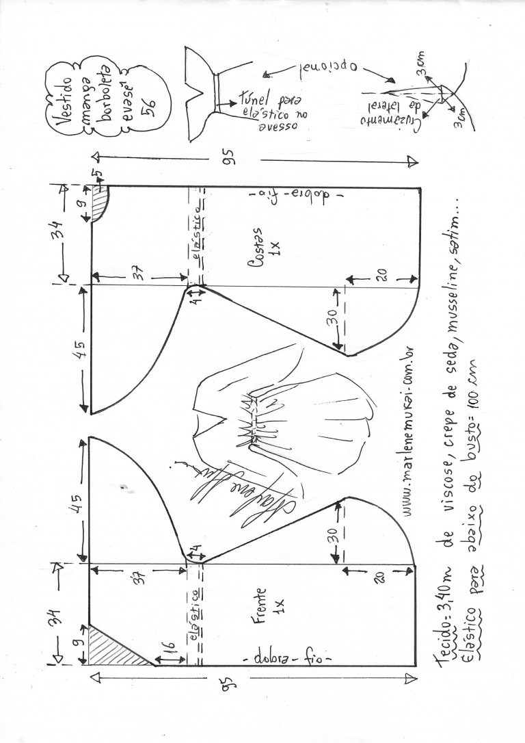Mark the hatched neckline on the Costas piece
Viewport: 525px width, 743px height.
pyautogui.click(x=100, y=203)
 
